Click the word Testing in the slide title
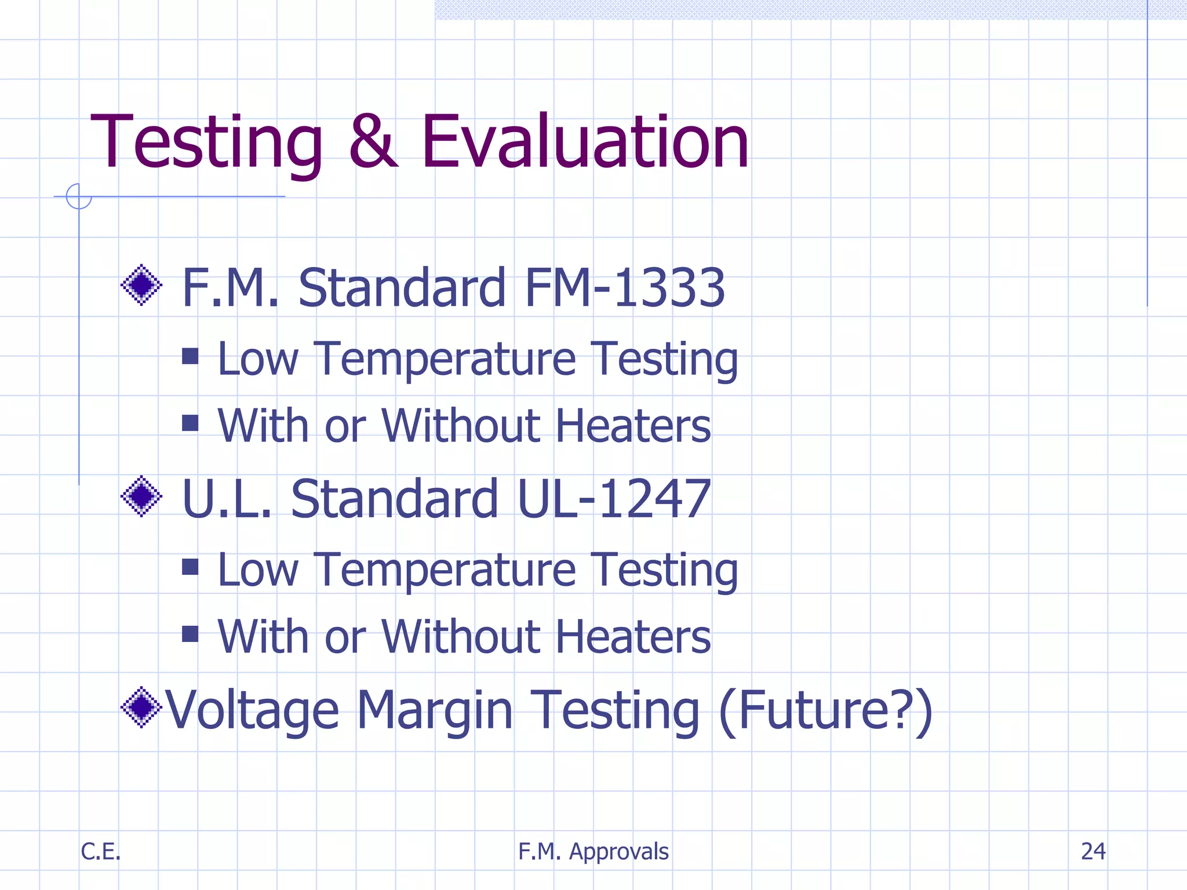coord(206,143)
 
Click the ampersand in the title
coord(373,142)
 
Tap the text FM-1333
coord(624,287)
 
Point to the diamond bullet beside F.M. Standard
coord(141,285)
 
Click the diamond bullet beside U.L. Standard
coord(141,496)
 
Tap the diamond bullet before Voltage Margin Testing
coord(141,707)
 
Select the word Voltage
coord(252,710)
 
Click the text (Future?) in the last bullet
coord(825,710)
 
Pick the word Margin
coord(435,710)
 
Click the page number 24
coord(1093,851)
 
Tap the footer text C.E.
coord(100,851)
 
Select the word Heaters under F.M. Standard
coord(633,426)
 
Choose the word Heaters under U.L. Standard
coord(633,637)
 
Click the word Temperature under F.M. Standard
coord(445,359)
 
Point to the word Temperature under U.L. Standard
coord(445,570)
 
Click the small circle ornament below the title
coord(79,196)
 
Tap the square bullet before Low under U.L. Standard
coord(190,567)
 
